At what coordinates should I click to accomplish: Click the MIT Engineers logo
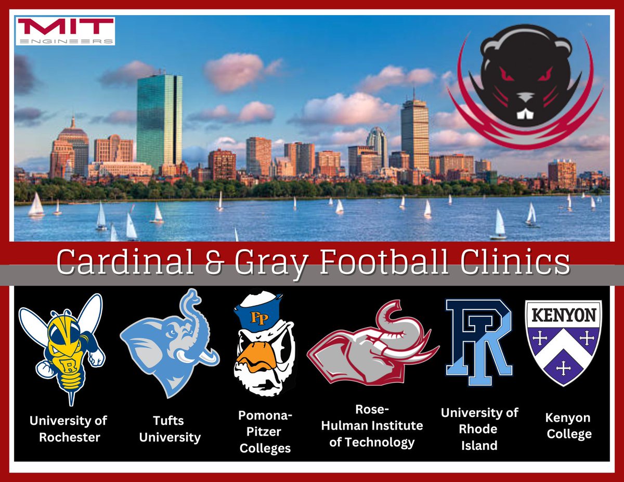point(65,31)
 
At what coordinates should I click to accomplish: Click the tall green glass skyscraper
point(159,122)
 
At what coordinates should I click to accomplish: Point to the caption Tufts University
point(170,428)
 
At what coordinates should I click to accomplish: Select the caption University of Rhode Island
point(479,428)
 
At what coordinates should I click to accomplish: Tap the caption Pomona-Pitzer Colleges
point(265,432)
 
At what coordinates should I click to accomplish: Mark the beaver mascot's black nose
point(526,99)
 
